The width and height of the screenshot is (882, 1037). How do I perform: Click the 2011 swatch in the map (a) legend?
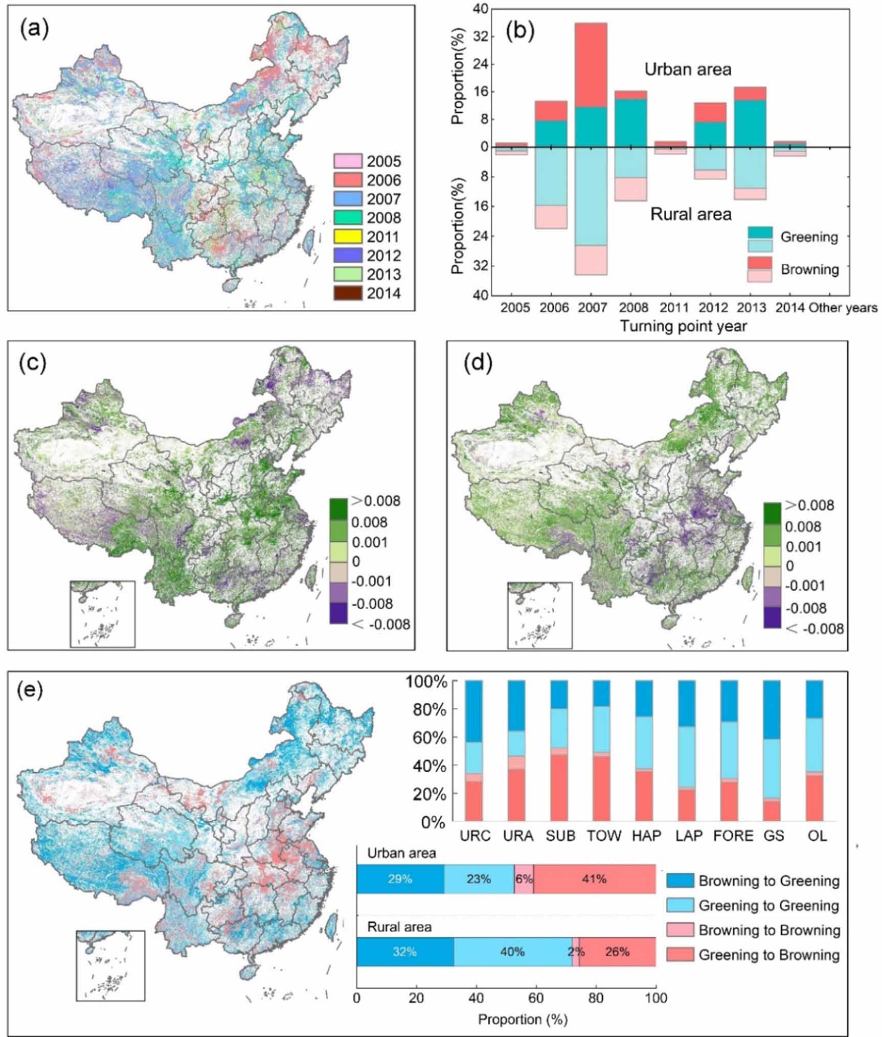coord(347,237)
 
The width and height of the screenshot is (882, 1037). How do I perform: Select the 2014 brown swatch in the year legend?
coord(347,294)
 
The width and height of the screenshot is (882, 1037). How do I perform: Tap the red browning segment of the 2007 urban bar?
coord(591,65)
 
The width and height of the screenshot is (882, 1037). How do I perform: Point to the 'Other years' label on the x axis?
coord(843,308)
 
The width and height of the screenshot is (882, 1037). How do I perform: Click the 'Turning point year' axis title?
coord(683,326)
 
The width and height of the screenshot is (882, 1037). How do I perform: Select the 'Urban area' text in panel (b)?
coord(688,70)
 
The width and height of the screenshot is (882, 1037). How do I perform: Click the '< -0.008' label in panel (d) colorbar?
coord(815,628)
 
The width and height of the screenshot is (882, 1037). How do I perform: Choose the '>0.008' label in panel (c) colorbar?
coord(375,501)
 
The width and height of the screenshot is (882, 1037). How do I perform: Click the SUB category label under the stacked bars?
coord(560,836)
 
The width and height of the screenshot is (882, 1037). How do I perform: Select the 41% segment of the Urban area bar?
coord(594,879)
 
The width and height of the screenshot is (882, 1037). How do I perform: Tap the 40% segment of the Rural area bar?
coord(512,952)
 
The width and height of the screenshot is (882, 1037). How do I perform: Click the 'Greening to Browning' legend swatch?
coord(680,954)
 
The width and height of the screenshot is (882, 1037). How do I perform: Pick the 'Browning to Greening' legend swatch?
coord(680,881)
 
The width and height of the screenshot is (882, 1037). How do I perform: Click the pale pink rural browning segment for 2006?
coord(551,217)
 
